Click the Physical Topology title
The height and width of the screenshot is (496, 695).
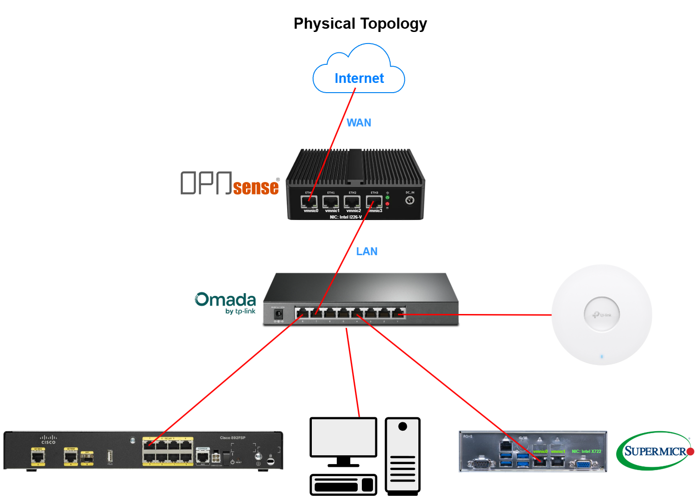click(360, 24)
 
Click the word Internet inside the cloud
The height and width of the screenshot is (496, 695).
click(359, 78)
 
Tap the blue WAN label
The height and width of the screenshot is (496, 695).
click(359, 123)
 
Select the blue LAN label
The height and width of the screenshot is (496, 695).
click(366, 251)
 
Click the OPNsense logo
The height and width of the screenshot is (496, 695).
click(230, 183)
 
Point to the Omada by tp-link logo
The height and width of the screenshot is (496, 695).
click(226, 303)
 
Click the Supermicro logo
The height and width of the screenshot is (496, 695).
click(655, 451)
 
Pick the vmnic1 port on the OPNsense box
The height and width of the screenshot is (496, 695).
click(330, 202)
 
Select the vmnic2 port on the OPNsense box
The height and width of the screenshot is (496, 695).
click(352, 202)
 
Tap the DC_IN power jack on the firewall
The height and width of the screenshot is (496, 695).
click(410, 200)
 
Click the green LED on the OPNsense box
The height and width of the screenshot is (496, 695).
click(387, 198)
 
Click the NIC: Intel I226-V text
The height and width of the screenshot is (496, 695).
click(346, 217)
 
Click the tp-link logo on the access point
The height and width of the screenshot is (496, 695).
click(601, 315)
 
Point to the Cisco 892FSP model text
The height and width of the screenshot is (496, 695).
click(233, 438)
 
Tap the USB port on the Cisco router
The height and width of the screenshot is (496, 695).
click(110, 456)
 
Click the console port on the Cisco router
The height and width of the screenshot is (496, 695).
click(202, 457)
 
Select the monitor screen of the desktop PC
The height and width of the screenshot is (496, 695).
click(343, 437)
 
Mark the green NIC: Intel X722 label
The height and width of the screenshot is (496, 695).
click(586, 451)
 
